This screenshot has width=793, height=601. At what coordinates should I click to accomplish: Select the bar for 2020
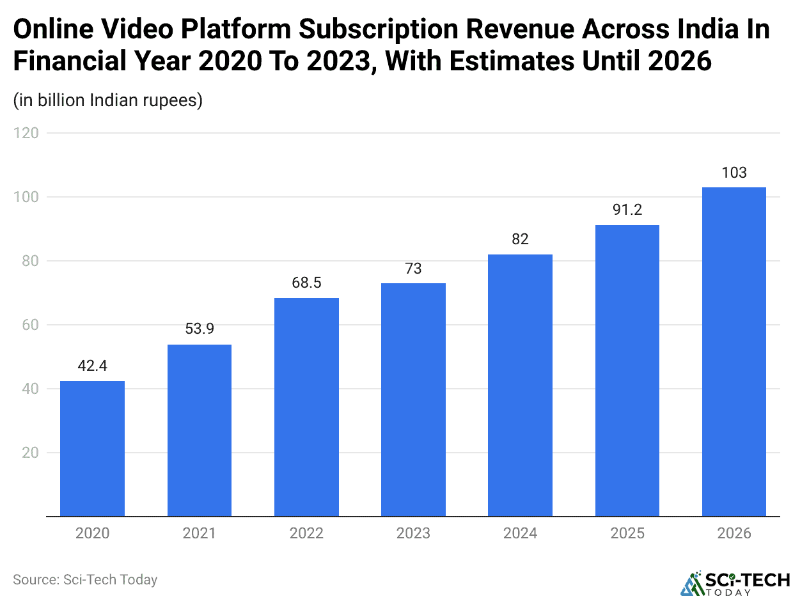pos(92,448)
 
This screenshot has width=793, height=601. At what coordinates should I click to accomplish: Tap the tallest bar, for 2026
pos(734,352)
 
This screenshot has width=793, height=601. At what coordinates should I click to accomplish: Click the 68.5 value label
pos(306,283)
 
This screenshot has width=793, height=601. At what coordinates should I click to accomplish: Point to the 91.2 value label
pos(627,210)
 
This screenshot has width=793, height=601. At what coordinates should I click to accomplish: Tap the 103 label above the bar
pos(734,172)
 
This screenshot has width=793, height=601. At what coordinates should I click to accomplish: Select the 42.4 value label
pos(92,366)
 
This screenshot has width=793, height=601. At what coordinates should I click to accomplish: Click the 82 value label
pos(520,239)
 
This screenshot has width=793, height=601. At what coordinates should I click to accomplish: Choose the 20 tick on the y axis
pos(29,453)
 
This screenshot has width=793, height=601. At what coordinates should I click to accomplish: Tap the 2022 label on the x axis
pos(306,533)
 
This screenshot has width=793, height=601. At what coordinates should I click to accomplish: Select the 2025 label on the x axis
pos(627,533)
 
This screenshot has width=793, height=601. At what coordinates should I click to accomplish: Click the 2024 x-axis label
pos(520,533)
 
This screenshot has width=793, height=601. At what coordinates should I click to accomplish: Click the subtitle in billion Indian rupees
pos(107,100)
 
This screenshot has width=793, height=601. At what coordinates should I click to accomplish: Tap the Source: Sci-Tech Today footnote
pos(85,580)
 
